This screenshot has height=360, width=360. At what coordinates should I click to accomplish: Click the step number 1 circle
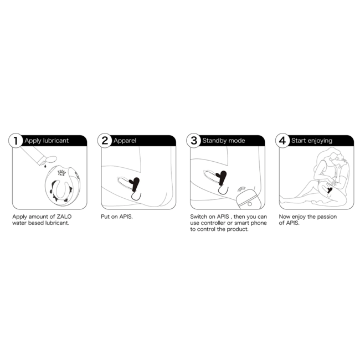(x=16, y=141)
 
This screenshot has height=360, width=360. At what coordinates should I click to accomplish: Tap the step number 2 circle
(x=105, y=141)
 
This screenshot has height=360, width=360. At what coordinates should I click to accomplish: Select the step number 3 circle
(x=193, y=141)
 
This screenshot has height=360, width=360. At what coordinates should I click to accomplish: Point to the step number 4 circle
(x=282, y=141)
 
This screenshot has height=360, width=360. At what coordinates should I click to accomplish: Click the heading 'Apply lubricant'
(x=47, y=141)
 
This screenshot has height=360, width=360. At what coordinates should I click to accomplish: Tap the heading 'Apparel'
(x=125, y=141)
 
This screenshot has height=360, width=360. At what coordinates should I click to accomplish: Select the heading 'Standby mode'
(x=224, y=141)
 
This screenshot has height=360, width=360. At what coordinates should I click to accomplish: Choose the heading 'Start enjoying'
(x=312, y=141)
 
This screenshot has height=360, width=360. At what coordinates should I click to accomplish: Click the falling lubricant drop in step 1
(x=45, y=166)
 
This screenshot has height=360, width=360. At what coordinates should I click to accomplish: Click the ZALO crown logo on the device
(x=61, y=173)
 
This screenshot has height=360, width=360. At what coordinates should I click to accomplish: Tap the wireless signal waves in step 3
(x=241, y=189)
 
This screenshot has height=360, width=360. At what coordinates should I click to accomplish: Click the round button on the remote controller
(x=250, y=204)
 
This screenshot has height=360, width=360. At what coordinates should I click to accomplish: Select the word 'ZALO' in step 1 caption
(x=64, y=217)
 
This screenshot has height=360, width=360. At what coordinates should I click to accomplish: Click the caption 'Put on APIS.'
(x=117, y=217)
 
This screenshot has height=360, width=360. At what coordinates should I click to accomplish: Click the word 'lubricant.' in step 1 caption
(x=57, y=223)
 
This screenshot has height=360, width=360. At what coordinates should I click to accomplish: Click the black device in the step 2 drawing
(x=136, y=184)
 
